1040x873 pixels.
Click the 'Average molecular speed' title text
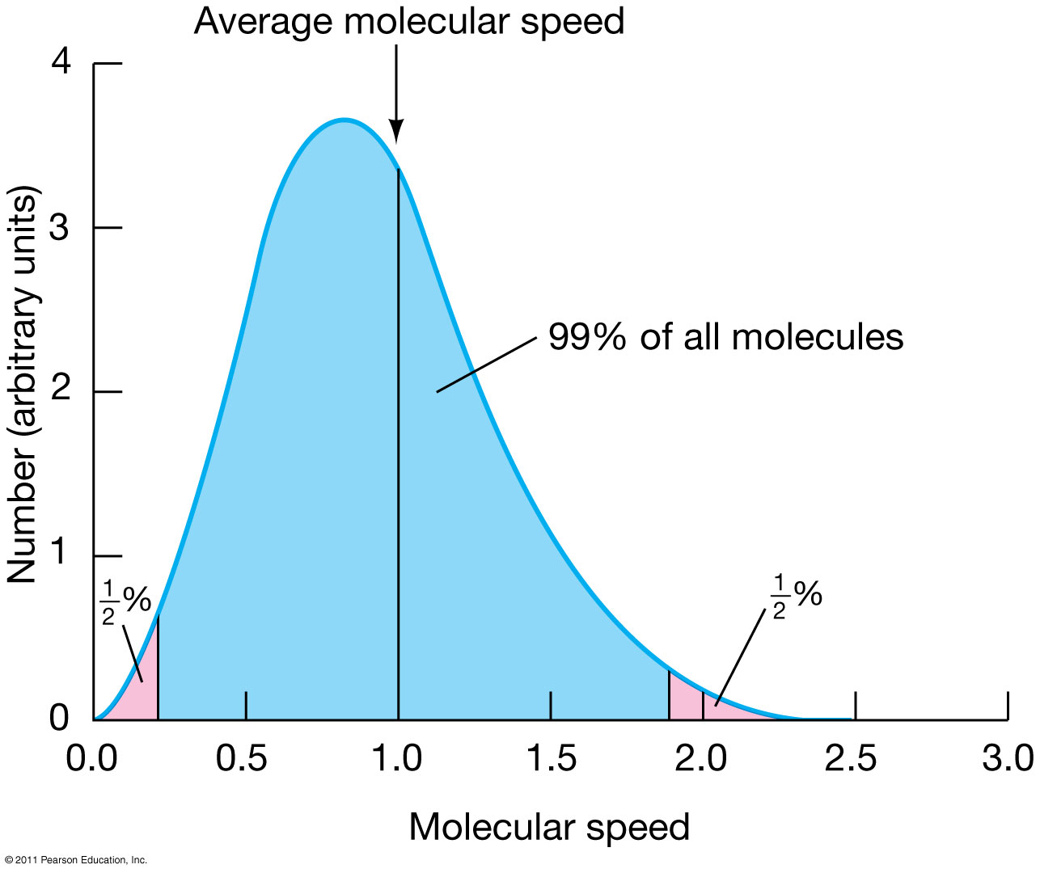[409, 21]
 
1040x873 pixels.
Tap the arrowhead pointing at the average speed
[396, 133]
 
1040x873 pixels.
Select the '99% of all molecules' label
[725, 337]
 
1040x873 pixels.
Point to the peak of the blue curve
[345, 120]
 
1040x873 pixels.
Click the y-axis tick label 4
[60, 63]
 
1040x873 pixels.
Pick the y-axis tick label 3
[60, 228]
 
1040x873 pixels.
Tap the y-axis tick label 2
[60, 392]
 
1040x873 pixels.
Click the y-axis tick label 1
[60, 556]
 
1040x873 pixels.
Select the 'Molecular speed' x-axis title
[549, 827]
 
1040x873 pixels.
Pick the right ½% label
[796, 597]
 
